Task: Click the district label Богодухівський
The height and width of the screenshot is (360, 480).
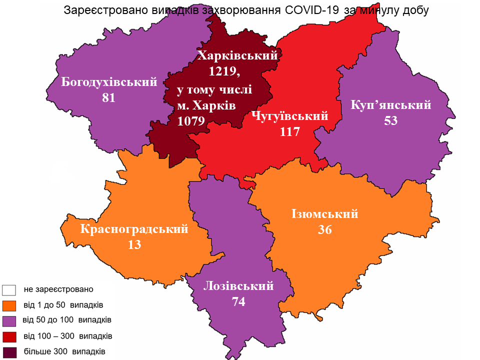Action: click(x=109, y=82)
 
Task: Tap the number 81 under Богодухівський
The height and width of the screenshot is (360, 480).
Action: click(x=108, y=98)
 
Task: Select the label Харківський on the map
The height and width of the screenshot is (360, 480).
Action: click(x=237, y=55)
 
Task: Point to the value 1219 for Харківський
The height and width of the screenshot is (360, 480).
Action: click(x=223, y=71)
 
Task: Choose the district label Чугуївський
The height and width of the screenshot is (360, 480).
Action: click(x=290, y=116)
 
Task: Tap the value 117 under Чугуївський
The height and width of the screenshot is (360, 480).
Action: click(x=290, y=132)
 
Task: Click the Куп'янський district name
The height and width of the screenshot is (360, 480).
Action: click(x=391, y=105)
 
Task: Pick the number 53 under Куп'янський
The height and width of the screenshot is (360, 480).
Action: click(x=391, y=121)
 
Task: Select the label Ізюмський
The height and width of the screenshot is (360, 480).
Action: click(x=325, y=213)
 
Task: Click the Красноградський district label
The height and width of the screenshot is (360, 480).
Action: click(x=134, y=229)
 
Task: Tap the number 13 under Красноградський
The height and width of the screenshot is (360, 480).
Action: click(x=134, y=245)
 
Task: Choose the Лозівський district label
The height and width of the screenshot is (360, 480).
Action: click(x=239, y=286)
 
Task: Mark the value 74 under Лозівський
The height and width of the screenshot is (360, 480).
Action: click(x=239, y=302)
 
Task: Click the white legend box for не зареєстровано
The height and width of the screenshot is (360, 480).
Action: click(x=9, y=289)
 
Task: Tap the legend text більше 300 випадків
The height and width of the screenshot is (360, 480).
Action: click(x=64, y=351)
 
